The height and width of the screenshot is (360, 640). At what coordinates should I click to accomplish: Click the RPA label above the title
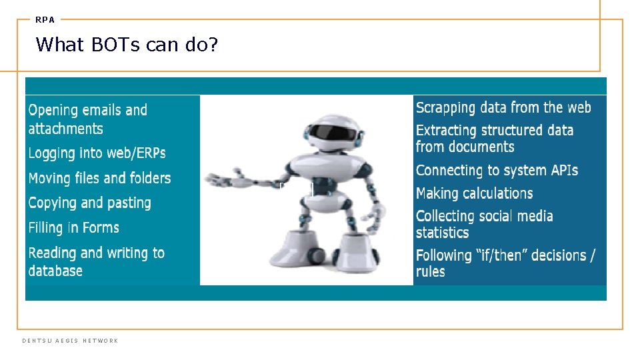click(45, 20)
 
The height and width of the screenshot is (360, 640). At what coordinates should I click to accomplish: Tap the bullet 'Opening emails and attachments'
click(87, 119)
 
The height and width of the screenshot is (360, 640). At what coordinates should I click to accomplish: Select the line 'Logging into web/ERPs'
click(97, 153)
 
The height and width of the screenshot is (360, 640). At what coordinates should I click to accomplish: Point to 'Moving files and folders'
click(99, 178)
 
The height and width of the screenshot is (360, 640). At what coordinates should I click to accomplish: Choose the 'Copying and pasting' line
click(89, 203)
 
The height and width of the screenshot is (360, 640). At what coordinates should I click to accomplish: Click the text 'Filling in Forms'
click(73, 228)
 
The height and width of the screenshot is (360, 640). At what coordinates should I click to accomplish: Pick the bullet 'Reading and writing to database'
click(96, 261)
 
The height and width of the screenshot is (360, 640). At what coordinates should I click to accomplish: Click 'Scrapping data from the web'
click(503, 107)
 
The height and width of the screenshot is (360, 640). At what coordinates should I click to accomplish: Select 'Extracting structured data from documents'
click(494, 138)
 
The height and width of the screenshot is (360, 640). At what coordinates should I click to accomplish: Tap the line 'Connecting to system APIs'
click(497, 171)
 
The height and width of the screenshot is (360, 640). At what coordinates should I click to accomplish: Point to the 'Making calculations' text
click(474, 193)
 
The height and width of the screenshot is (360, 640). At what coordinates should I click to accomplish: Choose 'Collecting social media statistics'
click(484, 224)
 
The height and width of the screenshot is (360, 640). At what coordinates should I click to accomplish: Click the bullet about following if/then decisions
click(505, 263)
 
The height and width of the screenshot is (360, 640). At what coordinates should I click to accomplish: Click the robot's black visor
click(331, 131)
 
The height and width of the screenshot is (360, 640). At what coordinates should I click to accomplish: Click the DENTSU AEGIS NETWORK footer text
click(70, 341)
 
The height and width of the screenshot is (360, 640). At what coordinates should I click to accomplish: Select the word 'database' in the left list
click(55, 271)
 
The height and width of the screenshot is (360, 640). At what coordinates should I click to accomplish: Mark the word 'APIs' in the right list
click(563, 171)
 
